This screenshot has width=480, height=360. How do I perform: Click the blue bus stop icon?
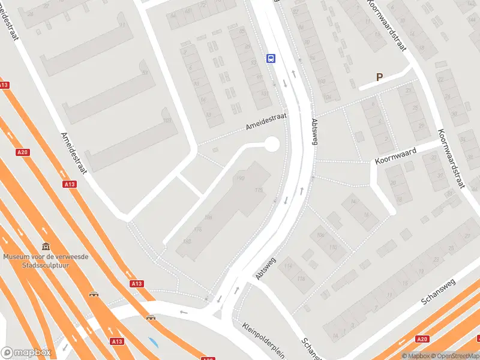pyautogui.click(x=271, y=58)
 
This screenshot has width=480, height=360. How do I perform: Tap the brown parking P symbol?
pyautogui.click(x=379, y=77)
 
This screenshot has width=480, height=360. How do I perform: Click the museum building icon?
pyautogui.click(x=46, y=246)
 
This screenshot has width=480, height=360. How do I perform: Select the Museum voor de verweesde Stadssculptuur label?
pyautogui.click(x=46, y=260)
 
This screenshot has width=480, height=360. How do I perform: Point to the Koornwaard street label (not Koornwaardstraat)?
pyautogui.click(x=396, y=155)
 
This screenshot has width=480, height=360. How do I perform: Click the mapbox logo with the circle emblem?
pyautogui.click(x=26, y=352)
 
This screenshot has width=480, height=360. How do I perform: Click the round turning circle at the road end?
pyautogui.click(x=271, y=144)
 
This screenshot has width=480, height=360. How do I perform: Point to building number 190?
pyautogui.click(x=241, y=178)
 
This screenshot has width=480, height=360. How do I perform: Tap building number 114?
pyautogui.click(x=289, y=265)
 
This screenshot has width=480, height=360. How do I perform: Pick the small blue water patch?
pyautogui.click(x=154, y=344)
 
